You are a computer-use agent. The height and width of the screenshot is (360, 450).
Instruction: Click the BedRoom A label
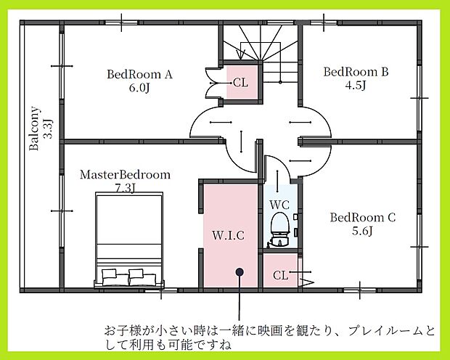click(x=139, y=74)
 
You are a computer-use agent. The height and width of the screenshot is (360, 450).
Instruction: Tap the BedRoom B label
click(x=356, y=72)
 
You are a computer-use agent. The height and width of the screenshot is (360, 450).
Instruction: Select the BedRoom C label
click(x=363, y=217)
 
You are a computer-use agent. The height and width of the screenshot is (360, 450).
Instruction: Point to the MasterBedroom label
click(x=125, y=175)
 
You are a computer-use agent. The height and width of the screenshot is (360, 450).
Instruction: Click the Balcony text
click(x=34, y=129)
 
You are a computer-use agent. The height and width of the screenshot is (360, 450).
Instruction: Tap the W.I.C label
click(x=228, y=236)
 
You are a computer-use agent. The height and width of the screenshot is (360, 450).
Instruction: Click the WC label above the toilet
click(x=280, y=205)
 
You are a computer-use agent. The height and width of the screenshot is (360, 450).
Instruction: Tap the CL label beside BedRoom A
click(x=241, y=83)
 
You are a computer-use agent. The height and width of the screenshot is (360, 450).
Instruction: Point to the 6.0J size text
click(x=139, y=89)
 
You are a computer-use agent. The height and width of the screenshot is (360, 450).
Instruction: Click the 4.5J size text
click(x=356, y=86)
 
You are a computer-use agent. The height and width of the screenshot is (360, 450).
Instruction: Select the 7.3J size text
click(x=125, y=188)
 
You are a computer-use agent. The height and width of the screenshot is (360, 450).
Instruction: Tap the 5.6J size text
click(x=362, y=232)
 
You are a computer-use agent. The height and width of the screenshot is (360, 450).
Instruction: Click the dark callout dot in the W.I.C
click(x=239, y=272)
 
